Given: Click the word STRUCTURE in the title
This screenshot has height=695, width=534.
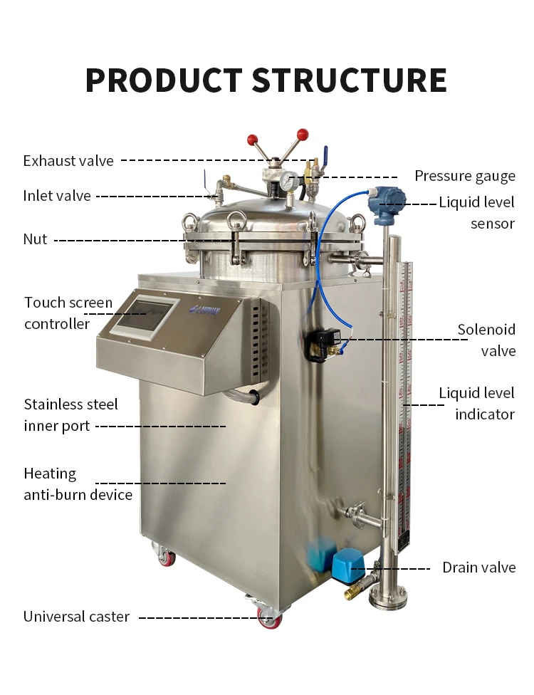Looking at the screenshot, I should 350,80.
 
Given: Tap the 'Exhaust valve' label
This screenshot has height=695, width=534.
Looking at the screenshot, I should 68,161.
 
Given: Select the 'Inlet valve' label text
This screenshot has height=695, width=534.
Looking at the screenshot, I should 57,196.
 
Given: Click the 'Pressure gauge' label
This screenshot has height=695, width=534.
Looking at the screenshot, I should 464,177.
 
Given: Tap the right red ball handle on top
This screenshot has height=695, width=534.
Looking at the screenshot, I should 303,134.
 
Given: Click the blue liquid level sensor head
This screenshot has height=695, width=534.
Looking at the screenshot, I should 386,201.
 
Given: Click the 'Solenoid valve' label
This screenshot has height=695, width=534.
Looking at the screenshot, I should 486,340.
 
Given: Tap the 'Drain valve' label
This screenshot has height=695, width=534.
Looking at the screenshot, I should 478,568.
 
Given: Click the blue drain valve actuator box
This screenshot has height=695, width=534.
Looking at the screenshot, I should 348,565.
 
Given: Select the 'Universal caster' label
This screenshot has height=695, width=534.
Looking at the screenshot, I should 76,617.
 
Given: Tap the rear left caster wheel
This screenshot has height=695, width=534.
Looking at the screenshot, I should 167,557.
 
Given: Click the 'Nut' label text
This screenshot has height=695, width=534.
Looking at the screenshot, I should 35,239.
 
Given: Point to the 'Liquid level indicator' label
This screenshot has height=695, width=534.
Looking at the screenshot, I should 476,403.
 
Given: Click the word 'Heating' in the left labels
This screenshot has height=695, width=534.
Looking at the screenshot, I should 50,474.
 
